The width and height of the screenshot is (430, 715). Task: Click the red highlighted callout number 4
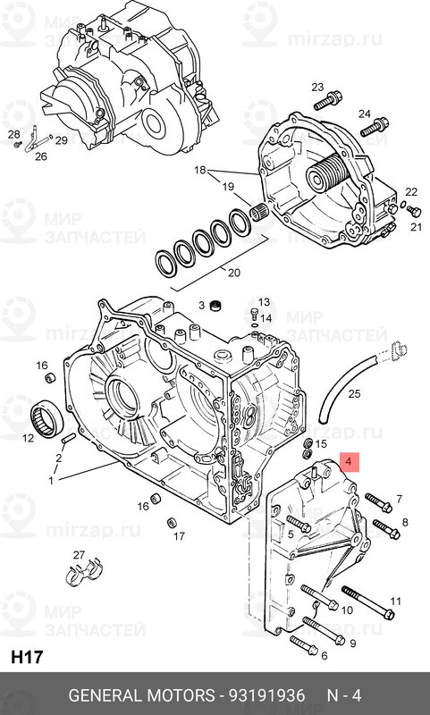click(350, 463)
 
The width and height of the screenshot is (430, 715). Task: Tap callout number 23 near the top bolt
click(317, 86)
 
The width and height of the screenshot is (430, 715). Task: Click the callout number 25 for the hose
click(354, 393)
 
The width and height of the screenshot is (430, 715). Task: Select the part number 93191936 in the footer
click(269, 695)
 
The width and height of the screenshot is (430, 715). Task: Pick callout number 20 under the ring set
click(235, 273)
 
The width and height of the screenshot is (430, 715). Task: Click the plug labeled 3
click(215, 307)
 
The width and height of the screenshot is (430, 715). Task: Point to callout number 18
click(198, 169)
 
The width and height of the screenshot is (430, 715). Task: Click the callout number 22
click(411, 192)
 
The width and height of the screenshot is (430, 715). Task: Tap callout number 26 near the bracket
click(40, 156)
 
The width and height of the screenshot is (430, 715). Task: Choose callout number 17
click(179, 536)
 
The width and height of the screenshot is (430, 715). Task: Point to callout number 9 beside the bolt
click(352, 643)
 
